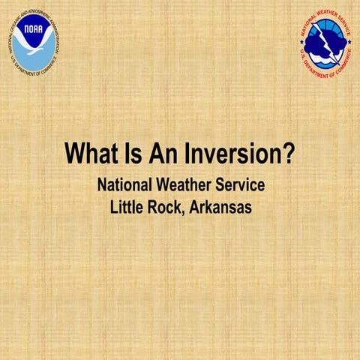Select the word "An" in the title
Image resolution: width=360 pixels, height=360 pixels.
(x=163, y=154)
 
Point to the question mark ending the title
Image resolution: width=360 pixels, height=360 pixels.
(x=287, y=154)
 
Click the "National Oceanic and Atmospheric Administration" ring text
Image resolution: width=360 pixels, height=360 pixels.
(x=34, y=14)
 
